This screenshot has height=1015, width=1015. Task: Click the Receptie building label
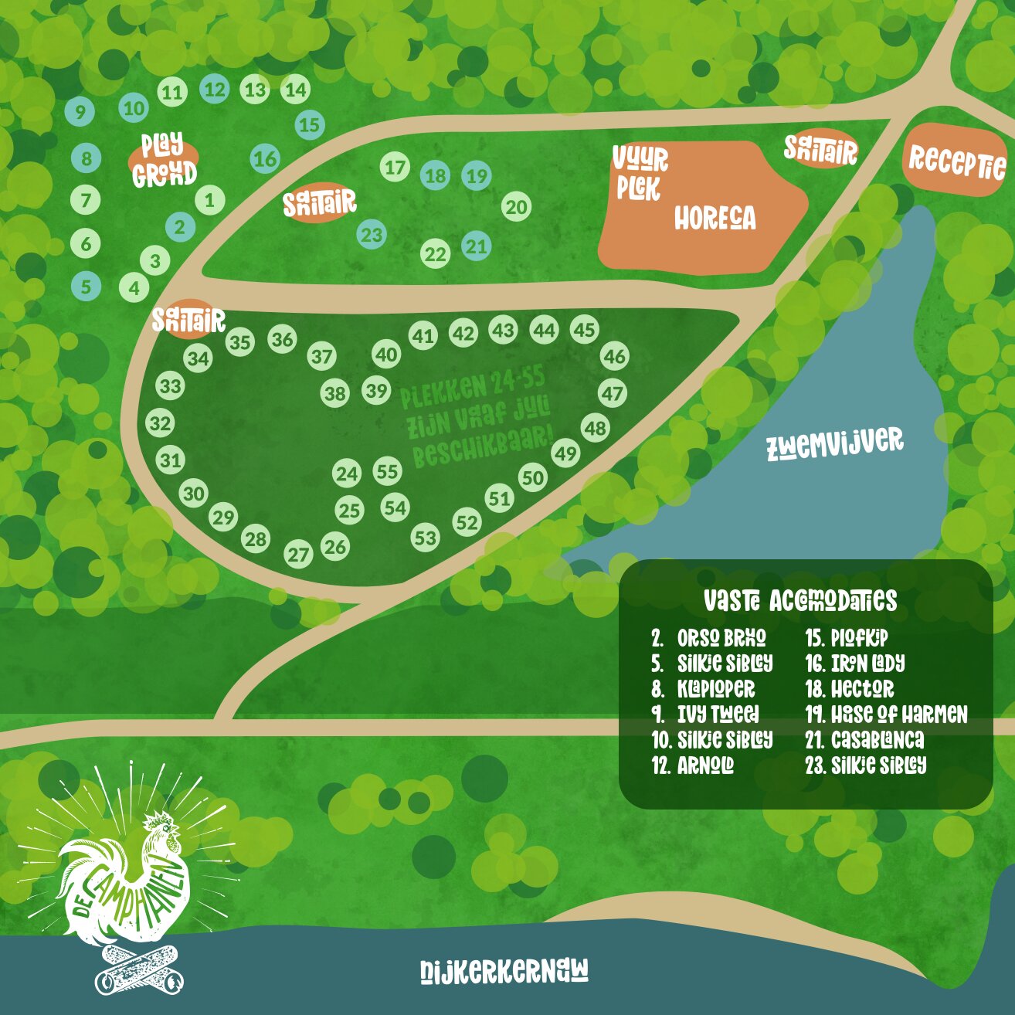[x=956, y=161]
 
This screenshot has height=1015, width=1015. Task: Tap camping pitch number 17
[x=395, y=167]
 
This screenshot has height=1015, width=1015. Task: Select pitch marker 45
[x=584, y=330]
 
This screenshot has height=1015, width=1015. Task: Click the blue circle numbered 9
[x=80, y=112]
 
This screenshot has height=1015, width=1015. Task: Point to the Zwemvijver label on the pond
[x=834, y=443]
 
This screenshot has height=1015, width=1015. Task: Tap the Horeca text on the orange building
[x=715, y=219]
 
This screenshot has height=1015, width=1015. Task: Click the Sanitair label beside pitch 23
[x=319, y=204]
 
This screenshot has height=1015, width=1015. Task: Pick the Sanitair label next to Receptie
[x=820, y=150]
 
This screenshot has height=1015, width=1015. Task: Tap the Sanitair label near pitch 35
[x=188, y=319]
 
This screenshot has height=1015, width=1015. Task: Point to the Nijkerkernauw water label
[x=504, y=971]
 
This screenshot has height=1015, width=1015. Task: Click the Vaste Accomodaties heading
[x=800, y=601]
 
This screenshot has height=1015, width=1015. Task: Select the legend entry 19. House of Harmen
[x=886, y=715]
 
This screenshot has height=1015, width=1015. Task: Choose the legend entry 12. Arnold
[x=693, y=765]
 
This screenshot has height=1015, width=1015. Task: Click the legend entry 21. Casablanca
[x=864, y=740]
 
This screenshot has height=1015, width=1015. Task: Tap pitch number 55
[x=387, y=471]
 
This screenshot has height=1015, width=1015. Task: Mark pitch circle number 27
[x=298, y=555]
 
